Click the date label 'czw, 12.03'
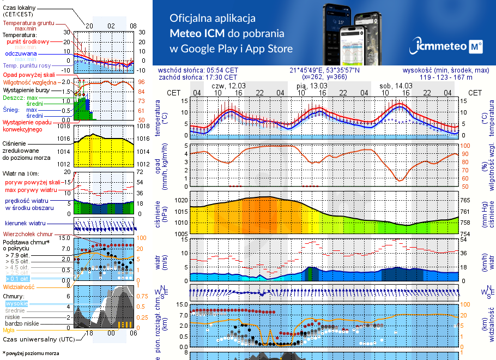(228, 86)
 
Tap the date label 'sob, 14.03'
(396, 86)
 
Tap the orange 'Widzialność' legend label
(19, 286)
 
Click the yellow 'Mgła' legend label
(9, 330)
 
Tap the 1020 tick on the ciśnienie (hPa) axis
(180, 200)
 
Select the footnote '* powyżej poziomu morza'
(31, 353)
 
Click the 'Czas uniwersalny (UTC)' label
(39, 339)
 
